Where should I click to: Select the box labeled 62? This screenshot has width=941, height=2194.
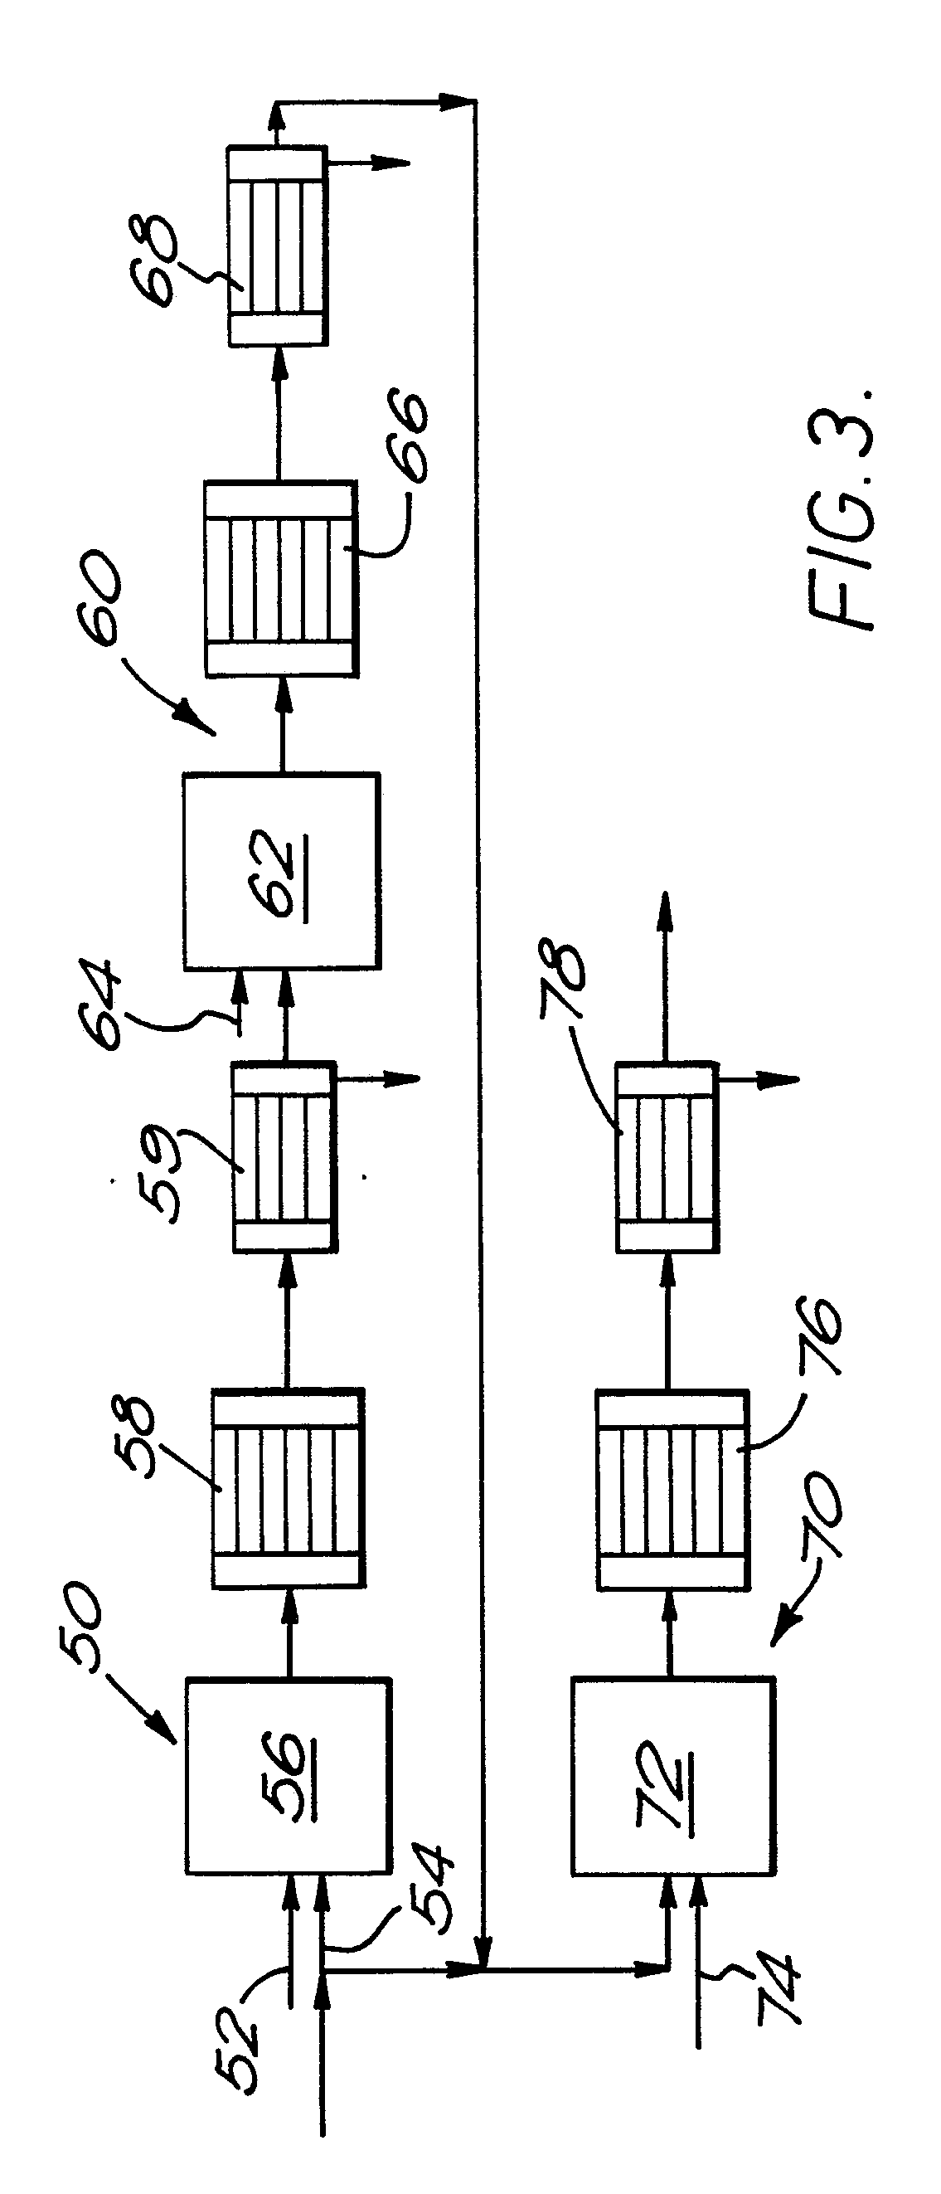pyautogui.click(x=282, y=871)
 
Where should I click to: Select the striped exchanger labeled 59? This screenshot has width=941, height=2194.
pyautogui.click(x=284, y=1156)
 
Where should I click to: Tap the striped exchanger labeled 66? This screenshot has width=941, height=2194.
pyautogui.click(x=280, y=579)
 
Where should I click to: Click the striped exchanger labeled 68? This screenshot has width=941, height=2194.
pyautogui.click(x=277, y=246)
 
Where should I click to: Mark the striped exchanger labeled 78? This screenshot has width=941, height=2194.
pyautogui.click(x=666, y=1156)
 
